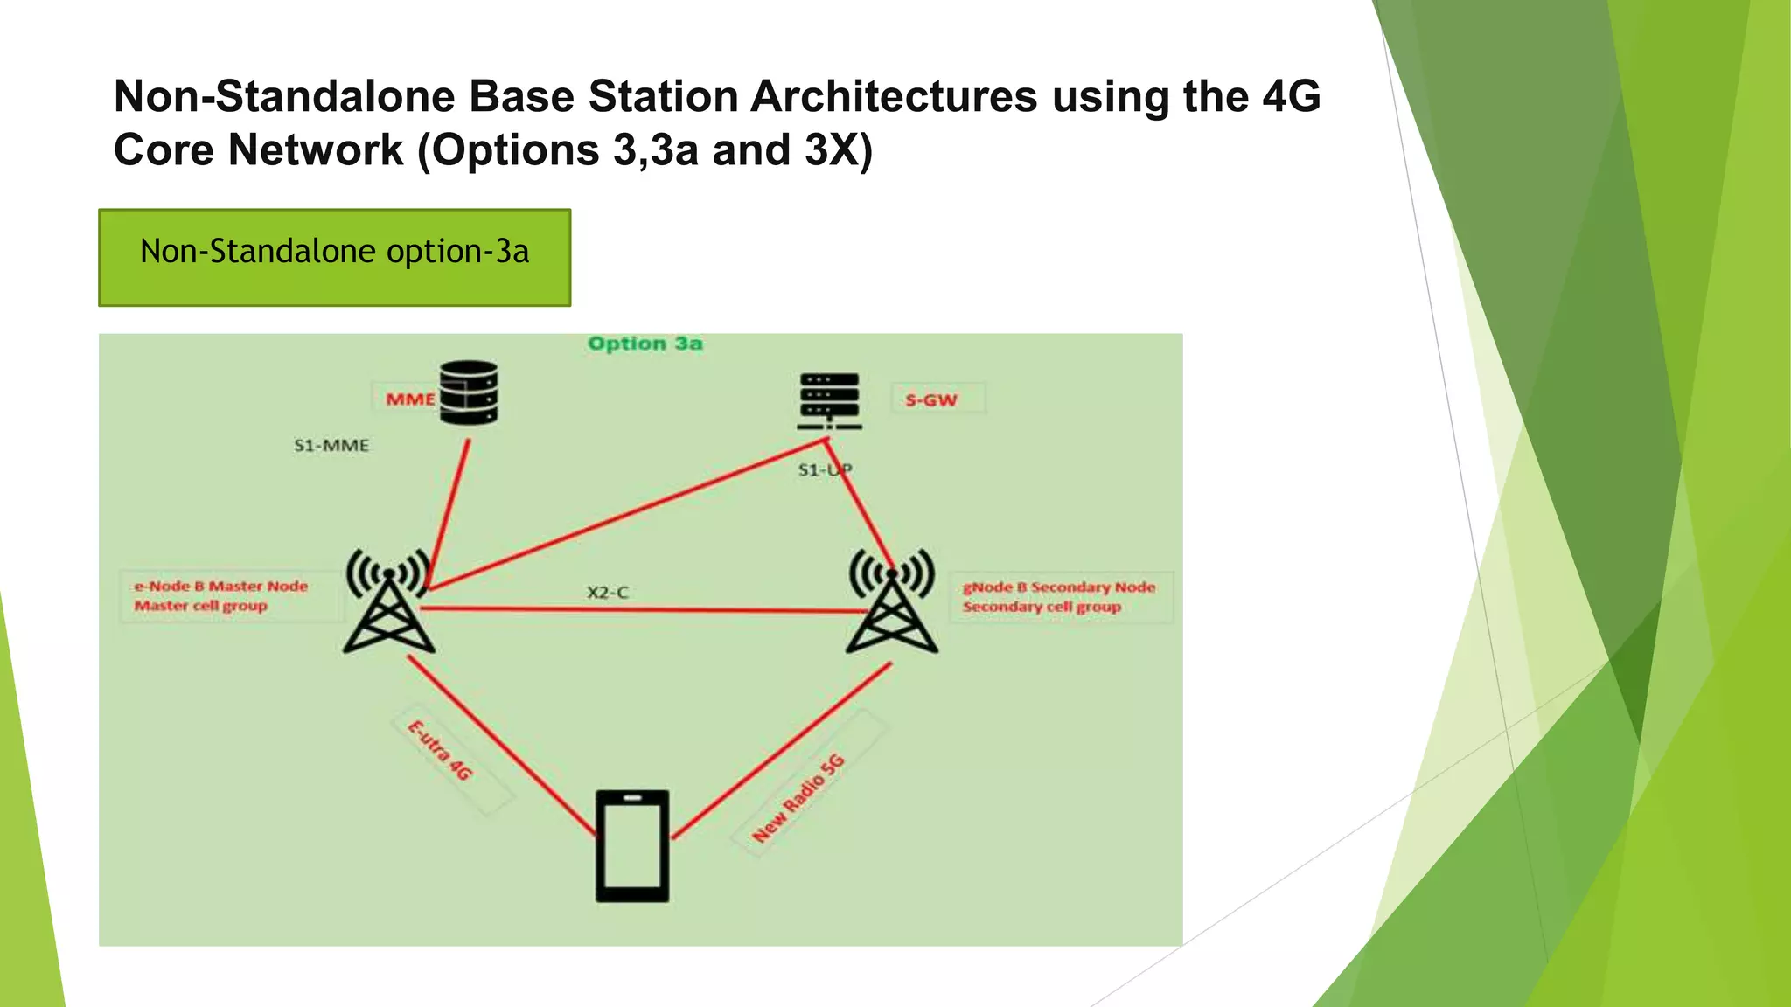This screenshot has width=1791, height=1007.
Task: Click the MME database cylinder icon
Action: click(x=469, y=393)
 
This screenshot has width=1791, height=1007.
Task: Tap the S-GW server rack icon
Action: click(x=829, y=401)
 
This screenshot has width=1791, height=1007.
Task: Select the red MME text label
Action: click(x=409, y=399)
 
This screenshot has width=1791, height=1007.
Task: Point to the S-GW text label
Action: click(x=932, y=400)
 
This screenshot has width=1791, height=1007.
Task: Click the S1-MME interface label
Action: click(x=331, y=446)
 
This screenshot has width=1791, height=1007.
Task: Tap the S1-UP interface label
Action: click(x=824, y=470)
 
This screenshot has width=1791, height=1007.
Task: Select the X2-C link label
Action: click(x=607, y=593)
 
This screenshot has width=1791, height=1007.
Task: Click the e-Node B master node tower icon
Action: click(x=388, y=603)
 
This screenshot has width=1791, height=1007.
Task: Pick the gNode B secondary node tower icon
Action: click(x=892, y=603)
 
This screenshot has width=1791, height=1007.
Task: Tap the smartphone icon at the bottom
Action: click(x=632, y=845)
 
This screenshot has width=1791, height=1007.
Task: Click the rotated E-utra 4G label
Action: click(x=442, y=750)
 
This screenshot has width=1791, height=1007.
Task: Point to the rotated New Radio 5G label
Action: click(x=799, y=798)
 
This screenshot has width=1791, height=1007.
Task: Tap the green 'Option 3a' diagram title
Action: click(x=645, y=344)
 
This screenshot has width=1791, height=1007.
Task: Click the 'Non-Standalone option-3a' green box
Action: click(x=335, y=257)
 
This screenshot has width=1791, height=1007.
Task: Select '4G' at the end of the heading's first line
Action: click(x=1291, y=96)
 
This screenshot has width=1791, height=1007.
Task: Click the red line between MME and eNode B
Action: click(x=449, y=511)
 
